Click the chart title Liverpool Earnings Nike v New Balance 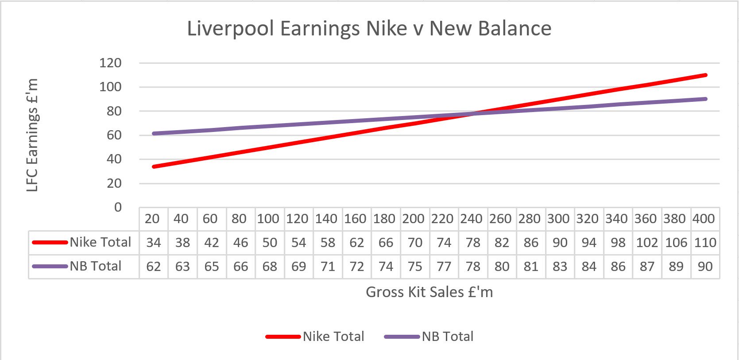tap(369, 28)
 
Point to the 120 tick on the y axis tap(110, 63)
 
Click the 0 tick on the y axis tap(118, 207)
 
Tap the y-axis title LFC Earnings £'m tap(32, 135)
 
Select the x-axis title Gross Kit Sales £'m tap(429, 292)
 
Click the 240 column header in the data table tap(471, 219)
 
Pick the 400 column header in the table tap(704, 219)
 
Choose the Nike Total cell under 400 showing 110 tap(705, 243)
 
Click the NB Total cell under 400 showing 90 tap(705, 267)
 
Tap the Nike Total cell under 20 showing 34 tap(153, 243)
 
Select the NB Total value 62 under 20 tap(153, 267)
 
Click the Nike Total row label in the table tap(100, 242)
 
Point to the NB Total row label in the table tap(95, 266)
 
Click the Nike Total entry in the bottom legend tap(333, 337)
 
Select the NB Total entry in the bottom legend tap(447, 337)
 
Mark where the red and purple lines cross tap(473, 114)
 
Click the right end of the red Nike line tap(705, 75)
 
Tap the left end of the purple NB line tap(154, 133)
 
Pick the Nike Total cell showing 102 tap(646, 243)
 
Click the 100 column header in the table tap(268, 219)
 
